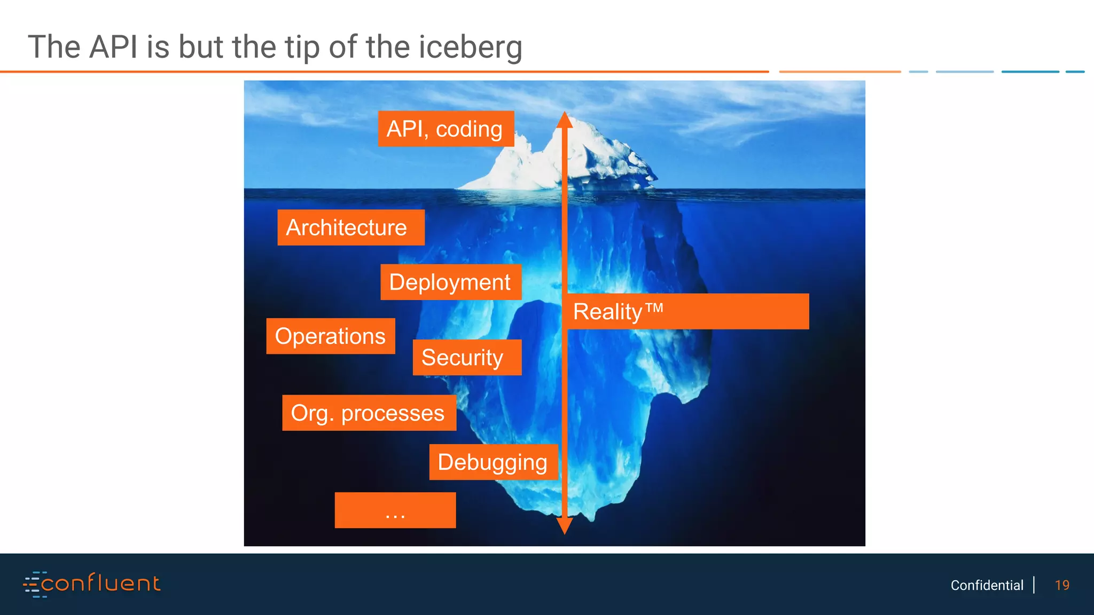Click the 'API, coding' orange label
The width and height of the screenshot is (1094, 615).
click(446, 129)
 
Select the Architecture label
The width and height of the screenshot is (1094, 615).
click(350, 227)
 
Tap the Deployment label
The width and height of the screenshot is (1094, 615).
click(450, 282)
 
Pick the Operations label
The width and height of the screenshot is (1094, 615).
click(330, 336)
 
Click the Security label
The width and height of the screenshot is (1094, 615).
click(466, 357)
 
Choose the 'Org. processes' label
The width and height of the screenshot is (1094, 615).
click(369, 413)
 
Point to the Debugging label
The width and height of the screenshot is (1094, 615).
click(493, 462)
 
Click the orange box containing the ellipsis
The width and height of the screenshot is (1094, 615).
click(395, 510)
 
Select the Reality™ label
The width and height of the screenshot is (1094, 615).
click(687, 311)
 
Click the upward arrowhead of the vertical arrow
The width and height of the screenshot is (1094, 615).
click(565, 120)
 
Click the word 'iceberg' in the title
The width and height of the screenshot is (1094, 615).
click(470, 47)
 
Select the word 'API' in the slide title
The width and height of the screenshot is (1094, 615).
click(113, 47)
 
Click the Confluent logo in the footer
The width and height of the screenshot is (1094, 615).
click(92, 584)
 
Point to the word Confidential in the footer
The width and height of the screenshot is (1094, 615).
click(987, 585)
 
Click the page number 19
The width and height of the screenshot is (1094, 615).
click(1062, 585)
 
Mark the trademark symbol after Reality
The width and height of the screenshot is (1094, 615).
click(654, 308)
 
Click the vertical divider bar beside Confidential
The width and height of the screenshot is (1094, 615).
click(1034, 585)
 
